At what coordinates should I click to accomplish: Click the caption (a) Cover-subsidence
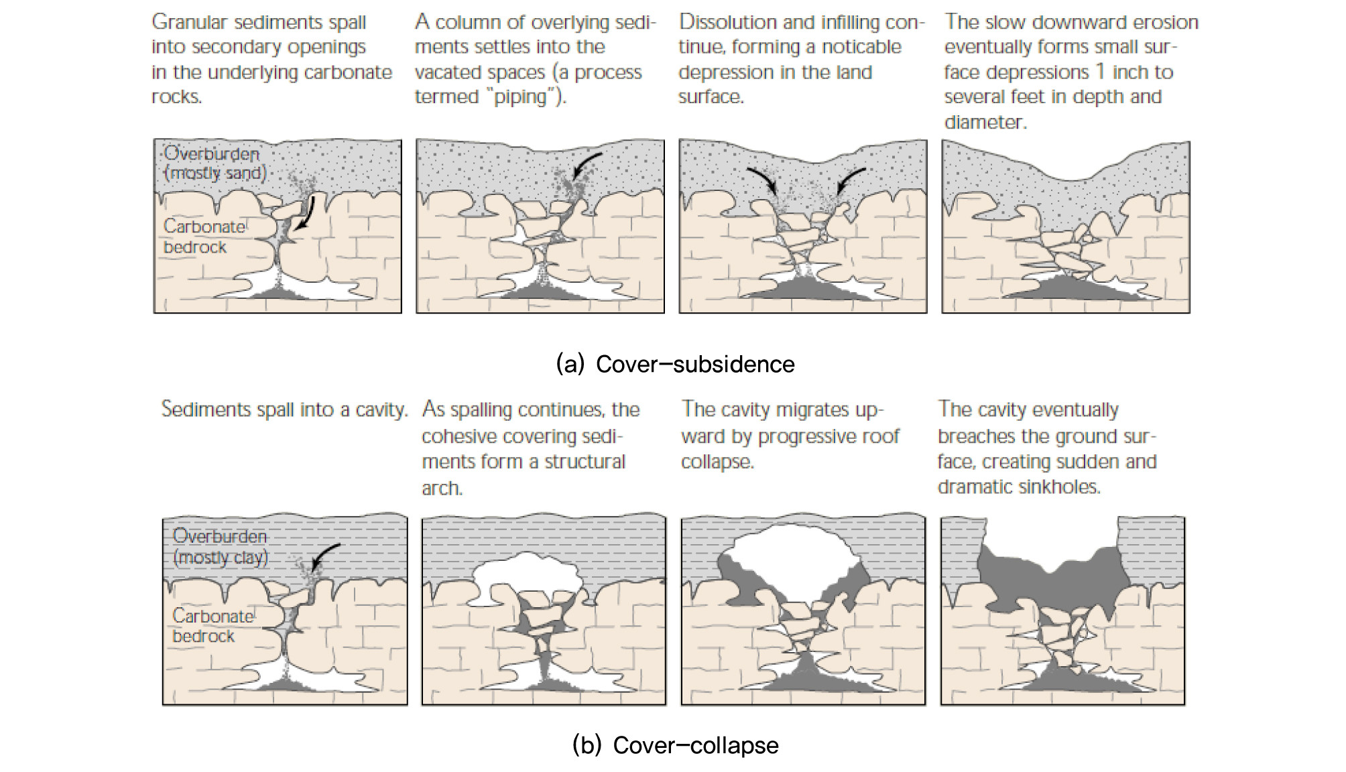coord(675,364)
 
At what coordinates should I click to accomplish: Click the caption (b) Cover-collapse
coord(675,745)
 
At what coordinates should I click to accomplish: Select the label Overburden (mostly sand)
coord(215,163)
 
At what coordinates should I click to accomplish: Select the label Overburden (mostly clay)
coord(220,546)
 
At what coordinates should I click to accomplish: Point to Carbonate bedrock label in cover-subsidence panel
coord(204,237)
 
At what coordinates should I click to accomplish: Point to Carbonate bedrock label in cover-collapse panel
coord(212,625)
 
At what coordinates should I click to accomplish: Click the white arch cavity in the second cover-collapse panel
coord(526,573)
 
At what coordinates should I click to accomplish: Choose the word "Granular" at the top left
coord(189,22)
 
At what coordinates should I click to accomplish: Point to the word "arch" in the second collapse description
coord(442,489)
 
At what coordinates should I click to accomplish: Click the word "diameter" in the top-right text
coord(984,122)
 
